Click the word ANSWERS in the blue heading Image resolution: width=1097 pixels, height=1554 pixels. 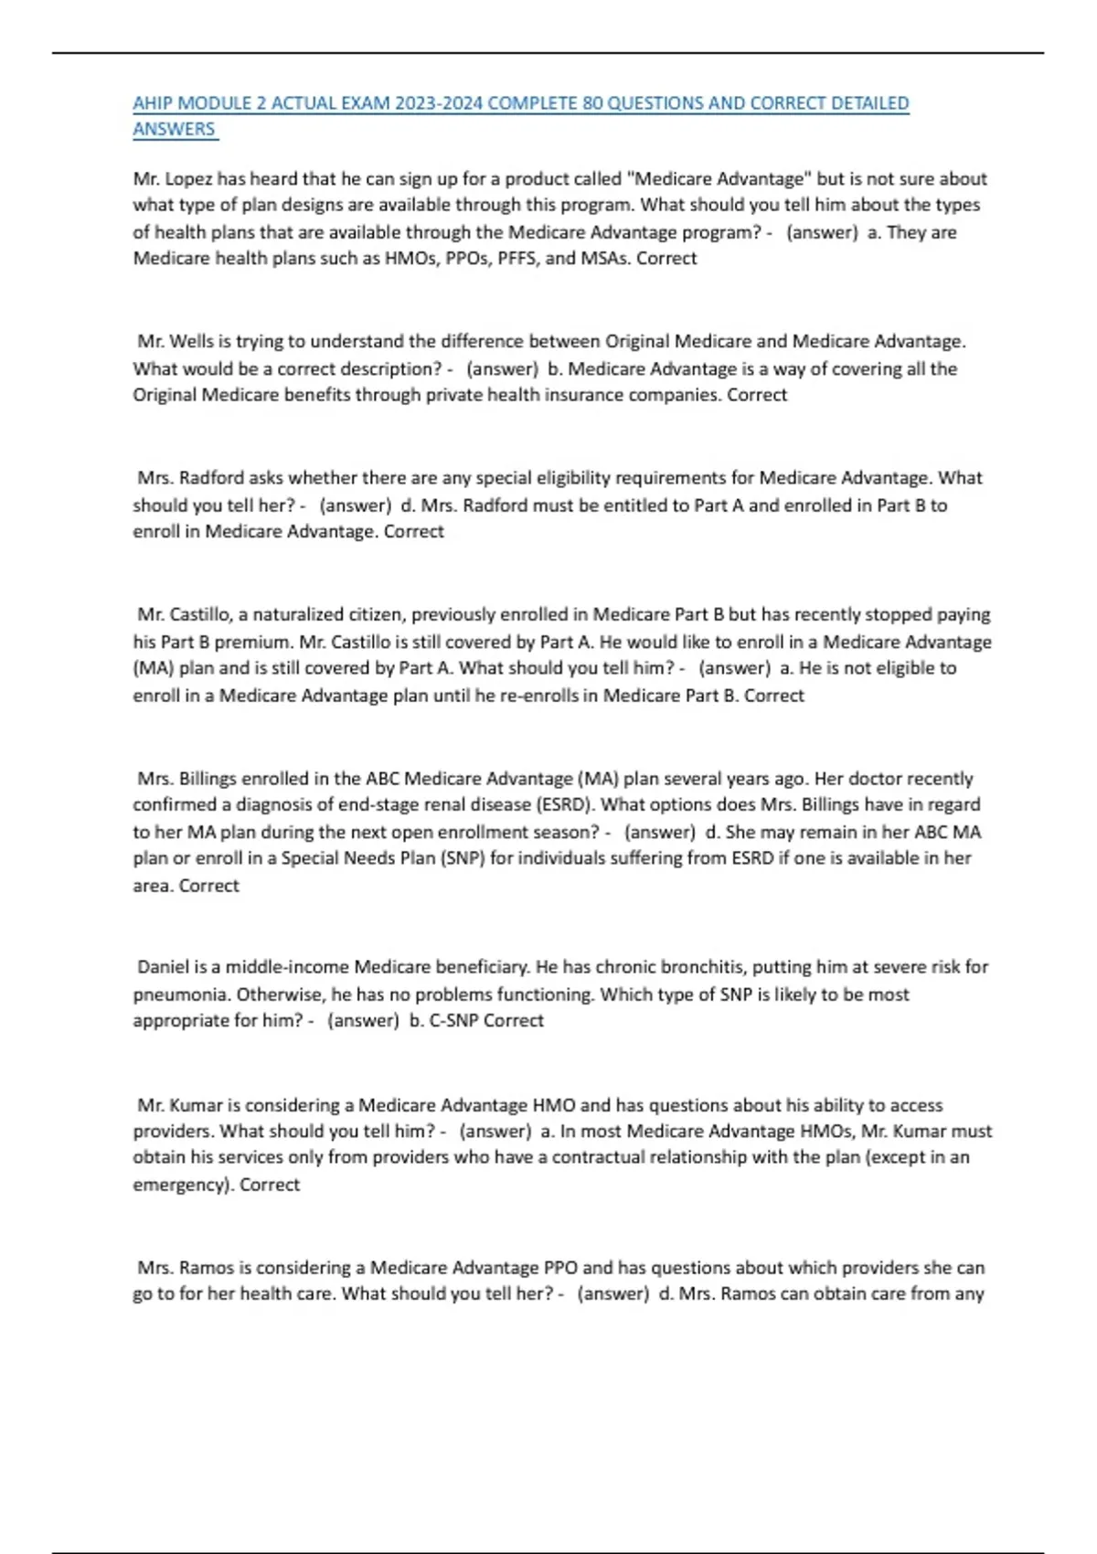point(174,129)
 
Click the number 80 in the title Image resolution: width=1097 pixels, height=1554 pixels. point(592,103)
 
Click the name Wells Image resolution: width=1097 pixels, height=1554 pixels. point(191,342)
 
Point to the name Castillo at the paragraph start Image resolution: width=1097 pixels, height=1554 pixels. point(201,614)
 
